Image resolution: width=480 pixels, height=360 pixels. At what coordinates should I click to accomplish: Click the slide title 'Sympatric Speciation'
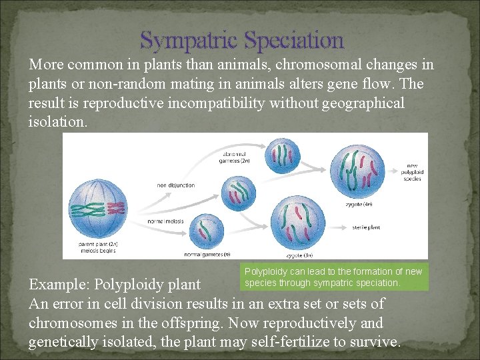(242, 41)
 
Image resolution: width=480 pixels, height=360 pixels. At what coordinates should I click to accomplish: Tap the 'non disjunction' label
(176, 185)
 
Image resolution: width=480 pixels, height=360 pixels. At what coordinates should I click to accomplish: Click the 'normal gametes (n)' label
(207, 254)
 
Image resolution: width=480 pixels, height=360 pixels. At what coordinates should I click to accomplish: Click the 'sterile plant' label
(366, 227)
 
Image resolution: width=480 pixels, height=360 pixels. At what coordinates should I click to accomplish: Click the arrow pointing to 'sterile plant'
(339, 227)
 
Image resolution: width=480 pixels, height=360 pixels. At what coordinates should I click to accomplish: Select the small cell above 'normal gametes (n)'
(207, 231)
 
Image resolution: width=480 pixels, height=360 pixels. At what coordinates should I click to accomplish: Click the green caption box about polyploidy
(333, 277)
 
